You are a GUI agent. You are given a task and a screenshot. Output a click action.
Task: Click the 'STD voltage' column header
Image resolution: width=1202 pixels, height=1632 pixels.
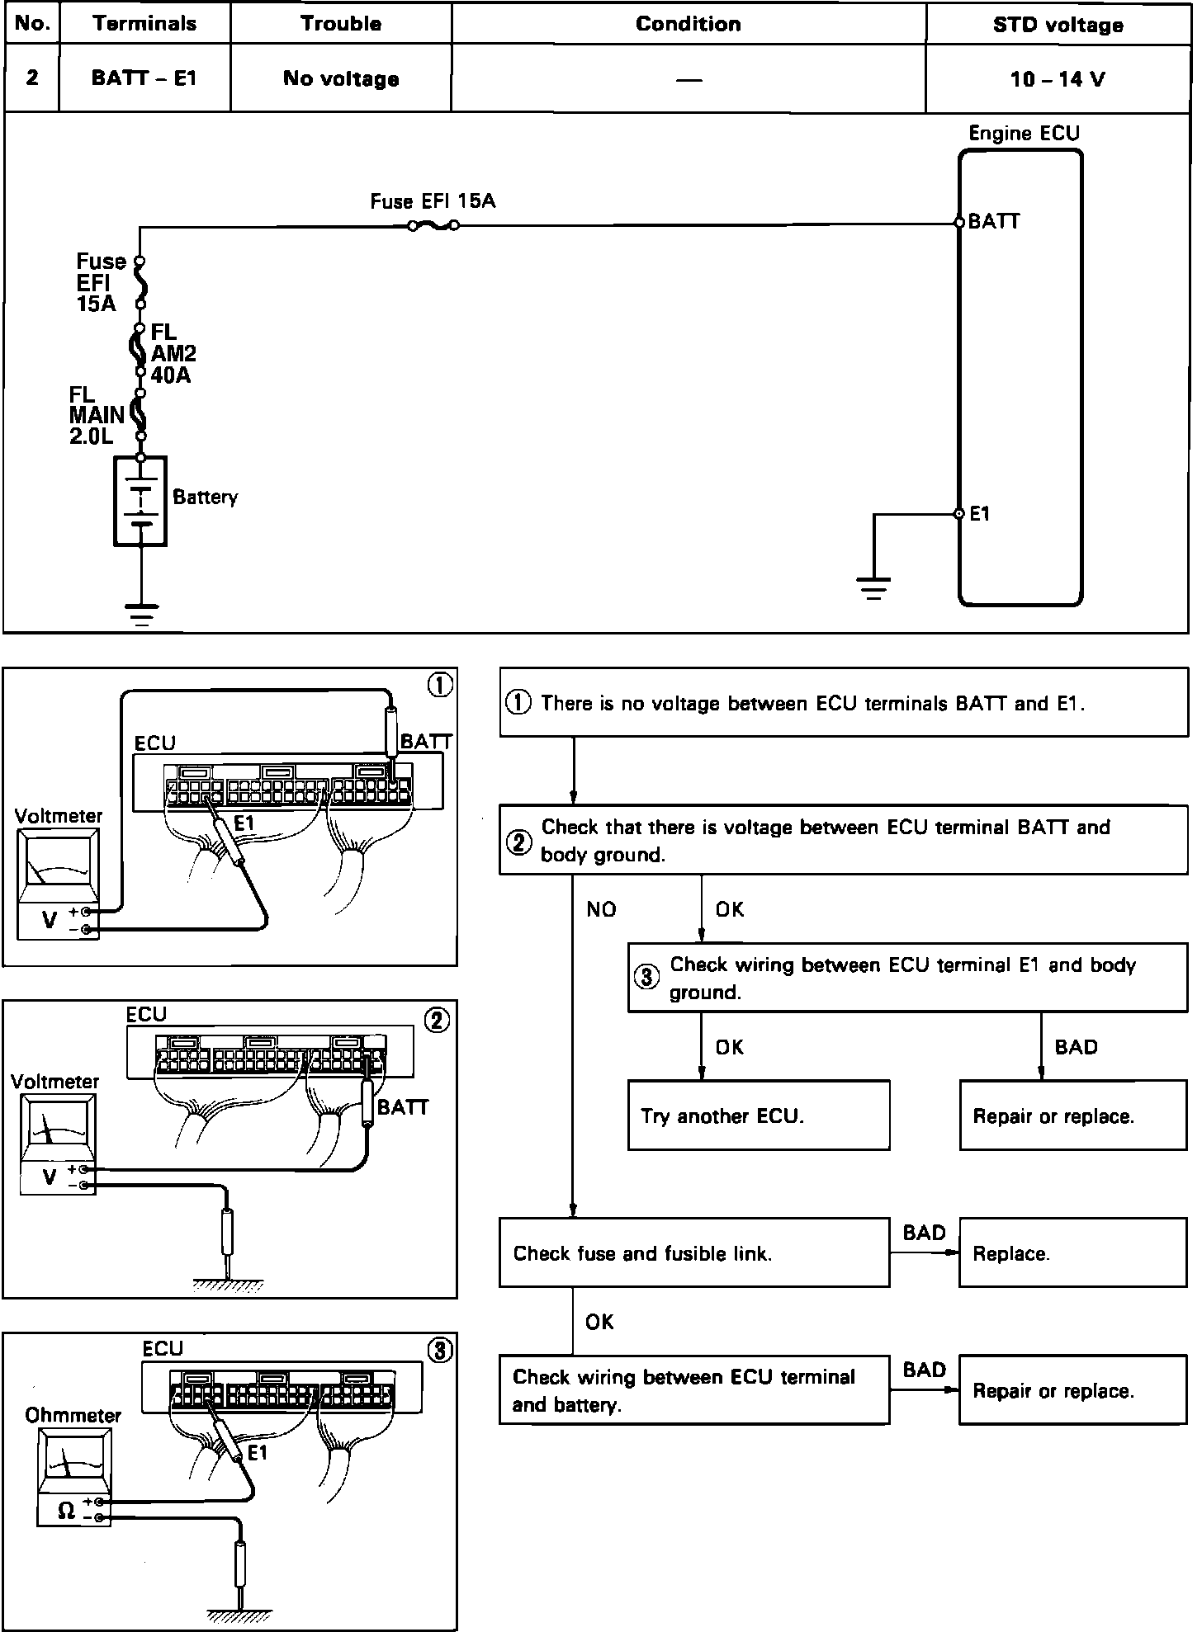click(1058, 25)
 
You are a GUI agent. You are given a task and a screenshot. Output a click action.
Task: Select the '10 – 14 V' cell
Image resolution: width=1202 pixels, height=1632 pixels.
click(1058, 79)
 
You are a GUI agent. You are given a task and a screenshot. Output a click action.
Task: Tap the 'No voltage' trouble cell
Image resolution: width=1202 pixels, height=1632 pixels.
click(341, 78)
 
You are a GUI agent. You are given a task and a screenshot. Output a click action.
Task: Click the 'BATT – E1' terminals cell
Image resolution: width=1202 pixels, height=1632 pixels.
click(144, 78)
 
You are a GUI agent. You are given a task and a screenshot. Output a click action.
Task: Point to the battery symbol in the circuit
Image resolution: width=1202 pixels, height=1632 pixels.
click(141, 501)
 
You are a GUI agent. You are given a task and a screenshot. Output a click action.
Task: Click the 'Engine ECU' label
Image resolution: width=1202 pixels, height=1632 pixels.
click(1024, 134)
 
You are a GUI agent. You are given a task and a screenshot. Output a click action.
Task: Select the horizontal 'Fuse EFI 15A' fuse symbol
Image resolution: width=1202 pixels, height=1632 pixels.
click(433, 225)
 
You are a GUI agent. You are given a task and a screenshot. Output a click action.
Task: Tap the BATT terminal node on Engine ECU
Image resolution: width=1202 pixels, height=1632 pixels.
click(959, 222)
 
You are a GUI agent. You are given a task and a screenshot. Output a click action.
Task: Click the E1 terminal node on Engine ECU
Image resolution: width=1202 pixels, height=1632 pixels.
click(959, 514)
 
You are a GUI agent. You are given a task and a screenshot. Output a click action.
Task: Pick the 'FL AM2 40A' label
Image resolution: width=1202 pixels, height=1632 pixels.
click(173, 354)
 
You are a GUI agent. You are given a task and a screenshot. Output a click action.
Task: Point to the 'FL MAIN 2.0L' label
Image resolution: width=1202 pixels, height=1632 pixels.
click(97, 416)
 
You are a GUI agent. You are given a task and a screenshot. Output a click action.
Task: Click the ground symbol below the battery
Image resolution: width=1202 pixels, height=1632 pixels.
click(142, 616)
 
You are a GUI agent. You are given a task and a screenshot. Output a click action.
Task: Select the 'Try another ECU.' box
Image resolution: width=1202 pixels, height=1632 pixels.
click(759, 1116)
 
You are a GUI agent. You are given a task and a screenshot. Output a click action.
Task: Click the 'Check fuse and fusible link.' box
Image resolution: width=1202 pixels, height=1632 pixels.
click(693, 1253)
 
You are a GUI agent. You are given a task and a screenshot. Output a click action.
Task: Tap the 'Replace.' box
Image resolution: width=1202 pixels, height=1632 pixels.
click(1072, 1253)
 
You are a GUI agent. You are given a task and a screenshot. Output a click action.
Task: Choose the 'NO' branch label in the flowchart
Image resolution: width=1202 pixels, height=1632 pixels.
click(602, 909)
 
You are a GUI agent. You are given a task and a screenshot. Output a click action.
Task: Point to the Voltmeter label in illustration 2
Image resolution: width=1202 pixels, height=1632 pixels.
click(55, 1082)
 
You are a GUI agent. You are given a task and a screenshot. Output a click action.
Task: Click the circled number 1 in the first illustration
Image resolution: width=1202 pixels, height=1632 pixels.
click(442, 685)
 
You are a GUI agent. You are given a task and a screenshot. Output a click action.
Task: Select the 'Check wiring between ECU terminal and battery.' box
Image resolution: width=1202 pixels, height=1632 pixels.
click(693, 1390)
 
